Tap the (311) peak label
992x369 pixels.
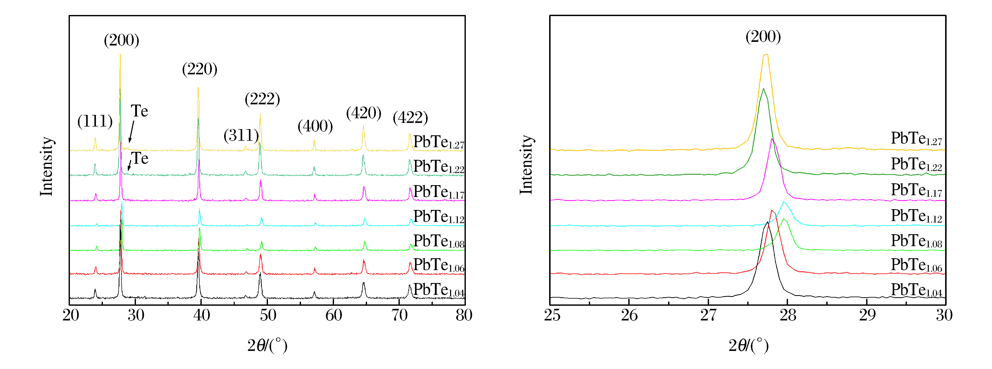click(x=241, y=135)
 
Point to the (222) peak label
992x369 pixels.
click(x=262, y=99)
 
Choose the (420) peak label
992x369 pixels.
click(x=363, y=113)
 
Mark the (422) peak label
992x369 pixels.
click(x=410, y=117)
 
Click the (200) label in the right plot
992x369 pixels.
click(x=763, y=37)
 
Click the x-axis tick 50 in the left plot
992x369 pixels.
click(x=268, y=315)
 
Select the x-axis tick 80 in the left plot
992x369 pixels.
click(x=464, y=315)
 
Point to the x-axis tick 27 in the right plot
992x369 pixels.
click(x=708, y=315)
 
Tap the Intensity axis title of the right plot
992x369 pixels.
click(x=526, y=165)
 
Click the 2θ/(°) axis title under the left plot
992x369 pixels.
click(x=267, y=346)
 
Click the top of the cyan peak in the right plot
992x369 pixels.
click(x=784, y=202)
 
